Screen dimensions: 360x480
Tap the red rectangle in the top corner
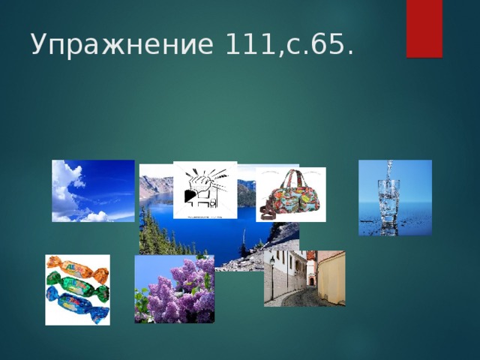[x=424, y=28]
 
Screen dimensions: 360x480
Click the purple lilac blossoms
[x=176, y=289]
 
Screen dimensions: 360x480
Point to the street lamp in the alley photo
[x=271, y=262]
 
